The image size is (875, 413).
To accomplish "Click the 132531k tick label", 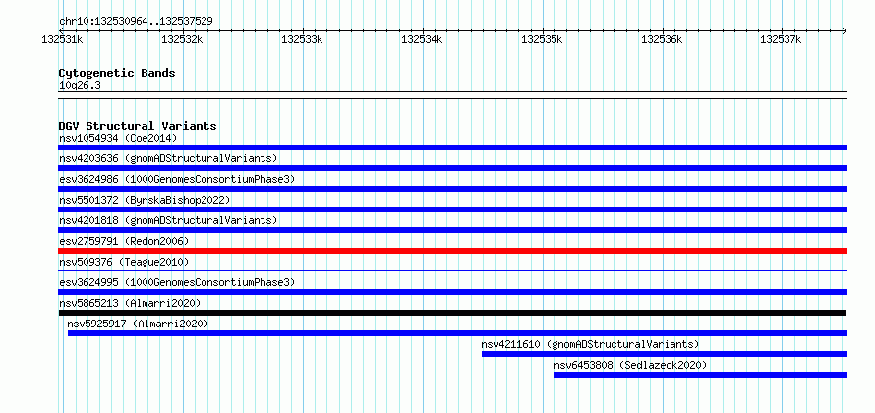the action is pos(63,39).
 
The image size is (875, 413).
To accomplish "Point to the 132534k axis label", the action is pos(422,39).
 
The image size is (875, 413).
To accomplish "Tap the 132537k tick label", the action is pos(782,39).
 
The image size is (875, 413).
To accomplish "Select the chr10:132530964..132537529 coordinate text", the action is pos(136,22).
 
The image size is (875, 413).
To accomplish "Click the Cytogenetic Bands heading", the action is pos(117,73).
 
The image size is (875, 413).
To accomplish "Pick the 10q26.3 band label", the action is pos(80,86).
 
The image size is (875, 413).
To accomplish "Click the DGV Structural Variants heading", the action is pos(138,126).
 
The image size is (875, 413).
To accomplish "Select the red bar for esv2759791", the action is pos(452,251).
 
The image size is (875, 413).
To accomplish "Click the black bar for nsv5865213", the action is pos(452,313).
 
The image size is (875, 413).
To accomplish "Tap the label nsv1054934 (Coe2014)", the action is pos(118,138).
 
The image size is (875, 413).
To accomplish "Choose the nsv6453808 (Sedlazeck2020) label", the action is pos(630,365).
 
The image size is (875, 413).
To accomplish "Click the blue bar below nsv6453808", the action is pos(701,375).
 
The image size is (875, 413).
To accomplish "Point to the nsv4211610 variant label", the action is pos(510,344).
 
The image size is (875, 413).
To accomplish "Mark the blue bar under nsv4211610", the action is pos(665,354).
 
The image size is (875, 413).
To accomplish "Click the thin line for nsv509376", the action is pos(452,271).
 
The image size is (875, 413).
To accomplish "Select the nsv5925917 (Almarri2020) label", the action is pos(138,324).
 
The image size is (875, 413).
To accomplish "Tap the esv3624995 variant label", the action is pos(88,282).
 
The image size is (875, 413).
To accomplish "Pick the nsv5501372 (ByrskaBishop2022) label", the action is pos(145,200).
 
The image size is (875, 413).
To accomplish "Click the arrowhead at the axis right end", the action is pos(845,30).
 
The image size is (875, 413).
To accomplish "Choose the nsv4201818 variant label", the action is pos(88,220).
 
